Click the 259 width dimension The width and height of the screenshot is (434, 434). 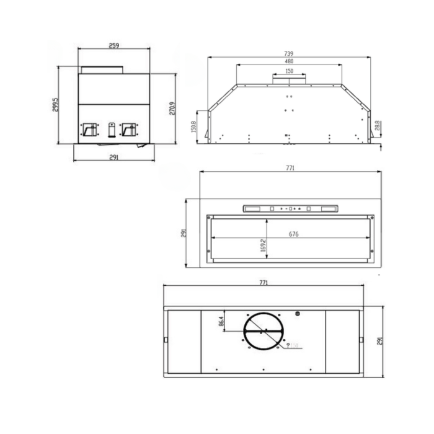coord(113,45)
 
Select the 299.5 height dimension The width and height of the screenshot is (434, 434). coord(56,106)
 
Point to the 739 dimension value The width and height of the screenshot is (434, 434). coord(289,54)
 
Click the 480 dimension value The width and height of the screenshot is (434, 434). coord(289,62)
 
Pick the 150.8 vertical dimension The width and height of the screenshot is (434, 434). coord(194,127)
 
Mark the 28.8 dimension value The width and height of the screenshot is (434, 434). coord(378,126)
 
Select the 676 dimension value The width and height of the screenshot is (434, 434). coord(294,234)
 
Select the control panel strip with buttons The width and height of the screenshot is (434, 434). coord(290,209)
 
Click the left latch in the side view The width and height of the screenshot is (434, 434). coord(90,129)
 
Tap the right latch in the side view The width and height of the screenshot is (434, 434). coord(130,129)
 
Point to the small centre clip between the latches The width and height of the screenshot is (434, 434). coord(110,129)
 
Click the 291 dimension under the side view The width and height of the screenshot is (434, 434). coord(113,157)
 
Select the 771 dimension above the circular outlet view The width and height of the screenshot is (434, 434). coord(263,283)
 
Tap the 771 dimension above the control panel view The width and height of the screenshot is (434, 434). coord(290,168)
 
